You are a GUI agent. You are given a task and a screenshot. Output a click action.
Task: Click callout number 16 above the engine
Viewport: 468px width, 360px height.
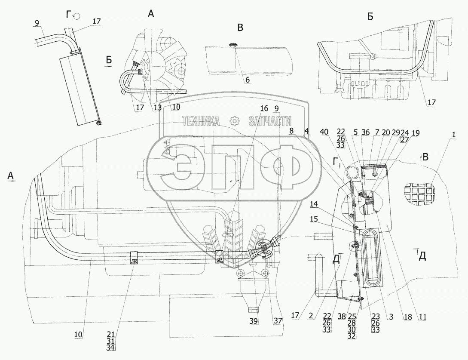263,108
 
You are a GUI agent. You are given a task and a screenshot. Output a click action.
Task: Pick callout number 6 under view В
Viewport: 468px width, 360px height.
247,80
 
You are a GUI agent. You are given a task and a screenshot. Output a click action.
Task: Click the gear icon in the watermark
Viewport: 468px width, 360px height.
234,122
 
